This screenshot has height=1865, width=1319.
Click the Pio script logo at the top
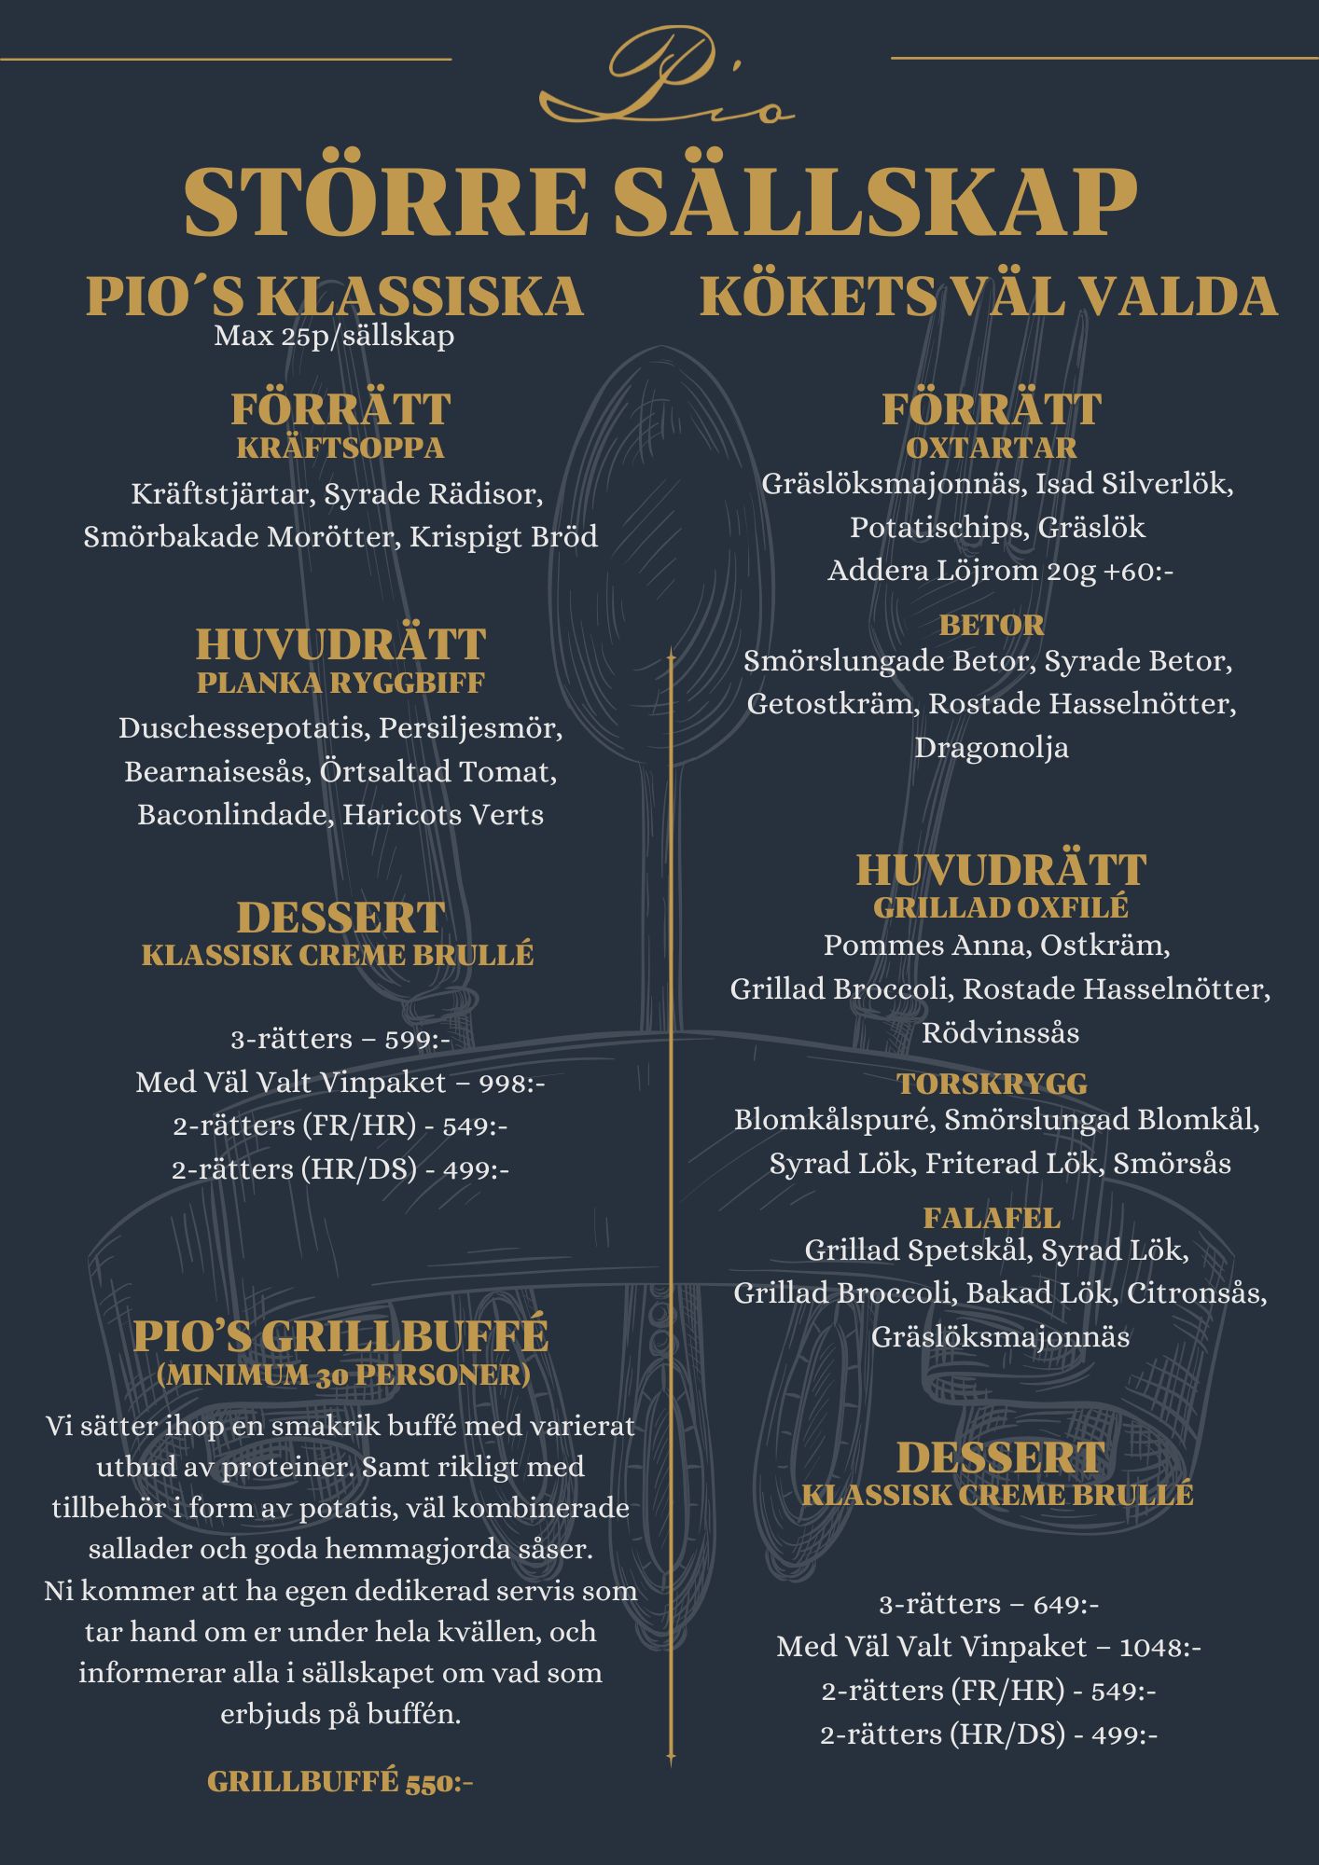[666, 79]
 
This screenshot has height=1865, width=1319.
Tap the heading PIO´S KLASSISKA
[335, 297]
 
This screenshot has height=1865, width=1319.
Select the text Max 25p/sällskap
[334, 336]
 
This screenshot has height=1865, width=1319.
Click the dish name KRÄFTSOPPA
[340, 449]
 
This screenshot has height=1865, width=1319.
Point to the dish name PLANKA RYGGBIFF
[340, 683]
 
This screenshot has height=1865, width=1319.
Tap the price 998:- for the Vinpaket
[512, 1083]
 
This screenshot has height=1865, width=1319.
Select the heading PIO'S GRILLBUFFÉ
[340, 1335]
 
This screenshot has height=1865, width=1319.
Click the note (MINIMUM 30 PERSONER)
[343, 1375]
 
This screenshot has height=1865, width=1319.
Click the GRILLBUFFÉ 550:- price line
[340, 1782]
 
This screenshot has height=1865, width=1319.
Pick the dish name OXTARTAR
[992, 448]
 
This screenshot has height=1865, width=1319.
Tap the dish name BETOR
[992, 625]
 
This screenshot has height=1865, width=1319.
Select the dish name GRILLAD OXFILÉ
[1000, 907]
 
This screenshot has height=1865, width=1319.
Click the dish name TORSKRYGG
[993, 1084]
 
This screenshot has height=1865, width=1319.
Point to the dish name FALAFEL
[992, 1218]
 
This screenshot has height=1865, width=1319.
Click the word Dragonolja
[992, 748]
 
